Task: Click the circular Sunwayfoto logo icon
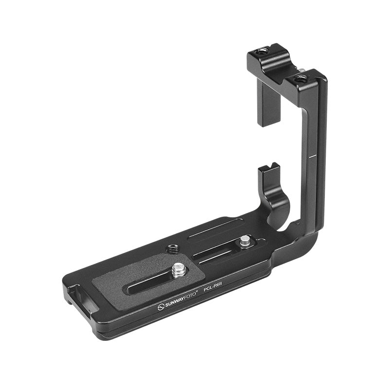tap(161, 307)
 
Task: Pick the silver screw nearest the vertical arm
tap(246, 240)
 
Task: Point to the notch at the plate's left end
tap(73, 292)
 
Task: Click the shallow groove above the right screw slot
tap(214, 229)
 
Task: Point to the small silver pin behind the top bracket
tap(302, 71)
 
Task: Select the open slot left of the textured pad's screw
tap(151, 282)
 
